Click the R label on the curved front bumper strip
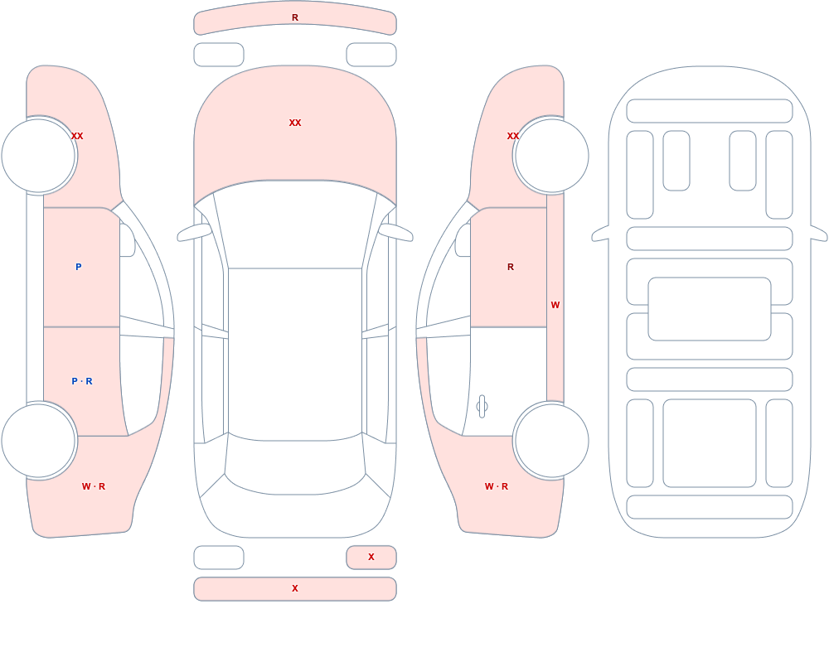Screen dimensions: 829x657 point(295,17)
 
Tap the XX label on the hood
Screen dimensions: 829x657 point(295,123)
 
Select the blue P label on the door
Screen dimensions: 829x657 point(78,267)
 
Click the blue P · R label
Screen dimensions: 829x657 point(82,381)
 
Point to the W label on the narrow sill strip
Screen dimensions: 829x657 point(555,305)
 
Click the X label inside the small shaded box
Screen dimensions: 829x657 point(371,557)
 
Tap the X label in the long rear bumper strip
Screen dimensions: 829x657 point(295,588)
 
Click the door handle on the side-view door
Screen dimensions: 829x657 point(482,407)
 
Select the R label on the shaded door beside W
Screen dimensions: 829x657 point(510,267)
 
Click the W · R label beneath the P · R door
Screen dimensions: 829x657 point(94,486)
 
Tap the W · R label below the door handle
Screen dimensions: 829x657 point(497,486)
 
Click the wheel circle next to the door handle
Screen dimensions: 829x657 point(551,440)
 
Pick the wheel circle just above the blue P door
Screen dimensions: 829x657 point(39,156)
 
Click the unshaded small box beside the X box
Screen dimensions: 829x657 point(219,558)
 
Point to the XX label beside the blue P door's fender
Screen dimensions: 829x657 point(77,136)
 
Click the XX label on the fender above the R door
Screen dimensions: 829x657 point(513,136)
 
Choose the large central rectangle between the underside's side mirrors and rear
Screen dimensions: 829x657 point(710,309)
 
